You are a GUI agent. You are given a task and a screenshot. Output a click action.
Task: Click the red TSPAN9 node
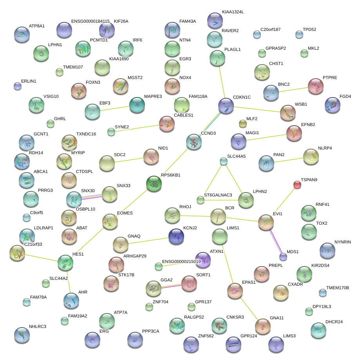[x=297, y=185]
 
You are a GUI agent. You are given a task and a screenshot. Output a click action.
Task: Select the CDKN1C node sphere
[x=226, y=106]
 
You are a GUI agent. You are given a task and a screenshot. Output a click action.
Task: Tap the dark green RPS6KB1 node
[x=154, y=184]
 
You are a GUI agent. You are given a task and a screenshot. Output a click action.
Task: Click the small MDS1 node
[x=283, y=257]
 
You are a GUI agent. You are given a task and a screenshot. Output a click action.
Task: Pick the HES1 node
[x=65, y=263]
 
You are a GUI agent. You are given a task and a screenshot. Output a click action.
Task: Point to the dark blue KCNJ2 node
[x=176, y=236]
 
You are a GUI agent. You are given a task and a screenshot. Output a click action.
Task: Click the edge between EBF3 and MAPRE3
[x=115, y=108]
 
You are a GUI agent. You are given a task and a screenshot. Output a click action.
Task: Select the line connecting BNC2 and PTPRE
[x=293, y=90]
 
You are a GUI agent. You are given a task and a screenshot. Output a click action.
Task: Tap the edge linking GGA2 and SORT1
[x=171, y=286]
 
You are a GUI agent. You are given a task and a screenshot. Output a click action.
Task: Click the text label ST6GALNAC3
[x=218, y=195]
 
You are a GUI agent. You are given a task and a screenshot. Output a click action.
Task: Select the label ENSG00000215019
[x=181, y=261]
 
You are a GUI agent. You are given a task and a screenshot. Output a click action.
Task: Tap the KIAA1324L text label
[x=233, y=12]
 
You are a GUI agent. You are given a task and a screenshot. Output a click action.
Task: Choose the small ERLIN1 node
[x=18, y=86]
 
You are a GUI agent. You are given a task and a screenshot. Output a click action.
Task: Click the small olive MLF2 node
[x=242, y=124]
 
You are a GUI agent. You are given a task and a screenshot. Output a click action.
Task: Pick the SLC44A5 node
[x=223, y=161]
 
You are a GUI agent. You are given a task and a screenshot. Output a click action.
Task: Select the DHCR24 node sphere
[x=318, y=330]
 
